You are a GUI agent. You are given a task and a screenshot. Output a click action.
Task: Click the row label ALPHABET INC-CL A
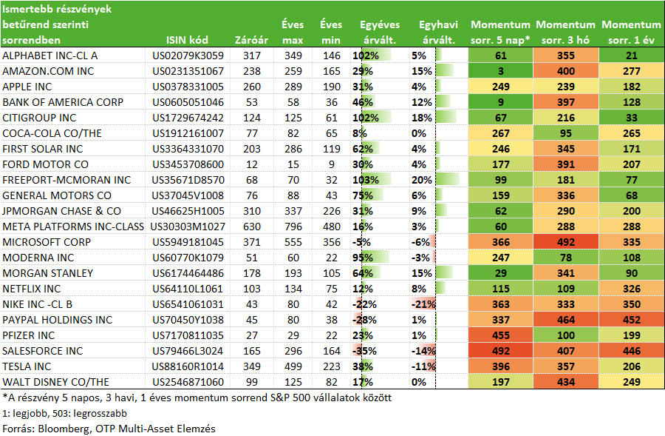tap(50, 56)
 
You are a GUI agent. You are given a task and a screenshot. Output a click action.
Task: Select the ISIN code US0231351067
tap(188, 71)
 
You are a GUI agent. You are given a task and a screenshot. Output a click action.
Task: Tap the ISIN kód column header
tap(187, 40)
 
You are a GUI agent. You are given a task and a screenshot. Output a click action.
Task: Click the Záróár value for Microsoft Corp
tap(251, 242)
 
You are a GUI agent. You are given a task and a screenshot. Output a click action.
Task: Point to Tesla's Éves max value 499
tap(293, 366)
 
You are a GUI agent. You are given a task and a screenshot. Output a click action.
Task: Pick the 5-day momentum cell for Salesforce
tap(500, 351)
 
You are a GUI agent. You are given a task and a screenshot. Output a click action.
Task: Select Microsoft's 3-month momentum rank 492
tap(566, 242)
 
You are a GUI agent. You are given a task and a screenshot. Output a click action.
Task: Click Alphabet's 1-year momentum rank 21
tap(632, 56)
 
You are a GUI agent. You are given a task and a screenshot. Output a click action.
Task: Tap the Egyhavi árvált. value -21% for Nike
tap(423, 304)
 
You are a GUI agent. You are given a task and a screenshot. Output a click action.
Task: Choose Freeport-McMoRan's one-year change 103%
tap(366, 180)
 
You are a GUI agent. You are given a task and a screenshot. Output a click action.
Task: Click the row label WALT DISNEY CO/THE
tap(55, 382)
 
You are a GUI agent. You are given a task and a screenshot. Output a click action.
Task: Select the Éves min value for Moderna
tap(331, 258)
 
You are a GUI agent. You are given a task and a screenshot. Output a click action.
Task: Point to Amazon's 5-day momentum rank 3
tap(501, 71)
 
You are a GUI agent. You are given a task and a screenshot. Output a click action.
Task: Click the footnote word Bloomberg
tap(62, 429)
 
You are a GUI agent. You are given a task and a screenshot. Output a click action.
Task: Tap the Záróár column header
tap(251, 40)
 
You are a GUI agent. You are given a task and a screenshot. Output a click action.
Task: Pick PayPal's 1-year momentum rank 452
tap(632, 320)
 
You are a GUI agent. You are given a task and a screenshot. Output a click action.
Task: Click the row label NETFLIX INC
tap(32, 289)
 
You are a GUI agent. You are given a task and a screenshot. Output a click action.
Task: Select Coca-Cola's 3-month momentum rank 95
tap(566, 133)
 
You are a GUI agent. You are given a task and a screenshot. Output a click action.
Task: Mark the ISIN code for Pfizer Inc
tap(188, 335)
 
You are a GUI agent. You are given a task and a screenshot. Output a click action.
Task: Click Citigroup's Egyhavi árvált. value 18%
tap(422, 118)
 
